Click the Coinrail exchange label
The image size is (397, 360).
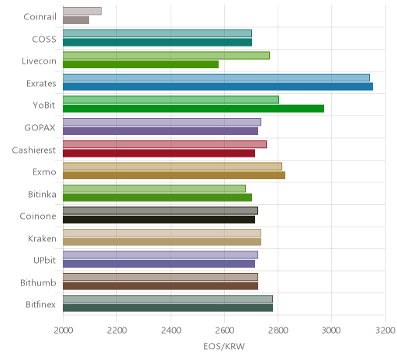[40, 17]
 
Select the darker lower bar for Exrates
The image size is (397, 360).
[218, 87]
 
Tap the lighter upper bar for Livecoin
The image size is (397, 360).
[166, 56]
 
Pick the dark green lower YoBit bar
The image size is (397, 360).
[193, 109]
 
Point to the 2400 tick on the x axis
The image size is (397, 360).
[171, 331]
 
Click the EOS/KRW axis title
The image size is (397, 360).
[224, 346]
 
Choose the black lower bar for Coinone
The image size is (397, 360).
[159, 220]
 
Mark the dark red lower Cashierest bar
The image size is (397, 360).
[159, 153]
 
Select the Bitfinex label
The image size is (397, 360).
[40, 305]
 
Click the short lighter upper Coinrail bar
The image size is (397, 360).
[82, 11]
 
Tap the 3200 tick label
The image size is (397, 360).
[385, 331]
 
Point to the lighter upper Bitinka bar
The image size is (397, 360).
[154, 189]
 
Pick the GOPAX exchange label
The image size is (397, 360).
[40, 128]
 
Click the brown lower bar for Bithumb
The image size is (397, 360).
[161, 286]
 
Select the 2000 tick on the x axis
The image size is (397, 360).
[64, 331]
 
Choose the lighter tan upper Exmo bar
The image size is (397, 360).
[172, 166]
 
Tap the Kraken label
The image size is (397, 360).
[42, 238]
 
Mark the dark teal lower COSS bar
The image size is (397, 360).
[157, 43]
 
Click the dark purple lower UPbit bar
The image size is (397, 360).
[159, 264]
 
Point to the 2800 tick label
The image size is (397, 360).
[278, 331]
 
